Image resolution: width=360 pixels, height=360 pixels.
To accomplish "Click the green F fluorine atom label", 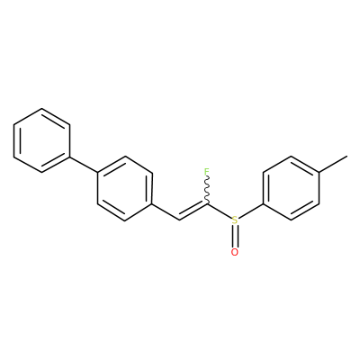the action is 206,172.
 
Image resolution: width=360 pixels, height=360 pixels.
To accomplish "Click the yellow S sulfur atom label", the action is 235,220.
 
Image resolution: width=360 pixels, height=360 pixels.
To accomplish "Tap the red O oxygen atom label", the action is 235,252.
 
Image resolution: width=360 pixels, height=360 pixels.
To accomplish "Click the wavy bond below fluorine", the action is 207,191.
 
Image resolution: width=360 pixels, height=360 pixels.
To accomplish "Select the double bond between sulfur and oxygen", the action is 235,237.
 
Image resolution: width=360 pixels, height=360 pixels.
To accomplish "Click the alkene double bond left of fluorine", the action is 193,211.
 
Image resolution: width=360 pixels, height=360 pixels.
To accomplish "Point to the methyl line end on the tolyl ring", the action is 347,156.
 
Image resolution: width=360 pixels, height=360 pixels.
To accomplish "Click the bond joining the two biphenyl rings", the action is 84,165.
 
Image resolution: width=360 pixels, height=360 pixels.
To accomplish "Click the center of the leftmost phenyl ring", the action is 41,140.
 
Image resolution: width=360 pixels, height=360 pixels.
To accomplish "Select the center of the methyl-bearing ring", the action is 291,188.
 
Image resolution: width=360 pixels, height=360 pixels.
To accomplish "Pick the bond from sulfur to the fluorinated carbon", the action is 220,211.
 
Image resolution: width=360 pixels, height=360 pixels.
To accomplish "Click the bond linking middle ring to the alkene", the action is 166,212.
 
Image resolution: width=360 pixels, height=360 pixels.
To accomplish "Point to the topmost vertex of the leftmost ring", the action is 41,108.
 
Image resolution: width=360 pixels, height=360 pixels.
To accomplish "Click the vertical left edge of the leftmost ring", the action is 13,140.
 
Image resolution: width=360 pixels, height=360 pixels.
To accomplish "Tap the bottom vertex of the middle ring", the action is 125,220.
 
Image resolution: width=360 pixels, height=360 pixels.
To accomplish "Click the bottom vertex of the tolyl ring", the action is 291,220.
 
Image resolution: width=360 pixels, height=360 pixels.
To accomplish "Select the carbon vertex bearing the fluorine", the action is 207,204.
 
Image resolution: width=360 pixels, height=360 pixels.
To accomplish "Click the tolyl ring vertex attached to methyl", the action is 319,172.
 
